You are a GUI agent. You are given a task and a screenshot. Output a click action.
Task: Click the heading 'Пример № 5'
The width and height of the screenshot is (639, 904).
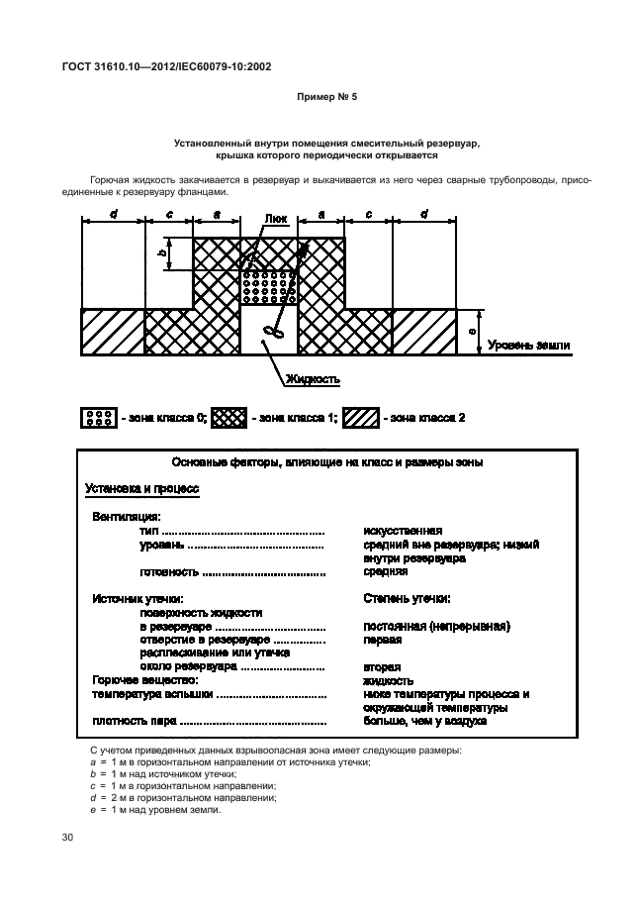(x=319, y=100)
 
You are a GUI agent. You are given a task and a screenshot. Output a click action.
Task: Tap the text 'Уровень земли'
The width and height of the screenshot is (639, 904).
(x=529, y=345)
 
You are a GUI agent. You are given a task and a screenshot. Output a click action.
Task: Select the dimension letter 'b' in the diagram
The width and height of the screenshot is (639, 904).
(x=161, y=252)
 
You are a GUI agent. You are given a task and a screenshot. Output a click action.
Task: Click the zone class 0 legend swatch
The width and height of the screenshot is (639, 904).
(x=98, y=418)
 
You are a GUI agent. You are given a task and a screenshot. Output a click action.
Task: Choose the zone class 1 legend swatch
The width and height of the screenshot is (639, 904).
(x=229, y=418)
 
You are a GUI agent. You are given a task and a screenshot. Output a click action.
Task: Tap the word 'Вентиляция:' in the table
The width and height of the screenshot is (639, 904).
(x=127, y=516)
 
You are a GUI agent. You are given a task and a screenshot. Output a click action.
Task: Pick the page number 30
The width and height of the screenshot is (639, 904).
(x=68, y=839)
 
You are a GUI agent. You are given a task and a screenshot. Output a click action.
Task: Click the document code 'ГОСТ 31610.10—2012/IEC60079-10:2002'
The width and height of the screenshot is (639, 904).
(x=166, y=66)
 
